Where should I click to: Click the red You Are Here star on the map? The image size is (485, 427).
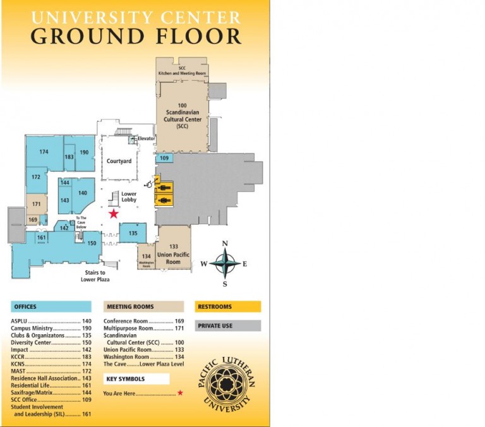coord(113,214)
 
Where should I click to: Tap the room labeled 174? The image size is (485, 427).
coord(44,152)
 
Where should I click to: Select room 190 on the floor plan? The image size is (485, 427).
coord(84,152)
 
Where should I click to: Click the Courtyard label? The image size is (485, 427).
coord(119,162)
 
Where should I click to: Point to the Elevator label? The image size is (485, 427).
coord(147,138)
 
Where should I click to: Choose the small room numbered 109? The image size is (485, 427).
coord(164,158)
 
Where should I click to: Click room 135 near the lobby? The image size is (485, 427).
coord(133,233)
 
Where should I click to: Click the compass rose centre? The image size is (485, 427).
coord(225,263)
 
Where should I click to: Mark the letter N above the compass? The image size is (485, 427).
coord(225,244)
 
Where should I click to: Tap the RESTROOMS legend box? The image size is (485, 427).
coord(227,307)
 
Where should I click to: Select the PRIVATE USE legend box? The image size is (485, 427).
coord(227,326)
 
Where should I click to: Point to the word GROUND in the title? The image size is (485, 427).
coord(81,36)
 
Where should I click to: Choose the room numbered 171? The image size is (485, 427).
coord(36,204)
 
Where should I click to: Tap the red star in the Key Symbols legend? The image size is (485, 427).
coord(180,393)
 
